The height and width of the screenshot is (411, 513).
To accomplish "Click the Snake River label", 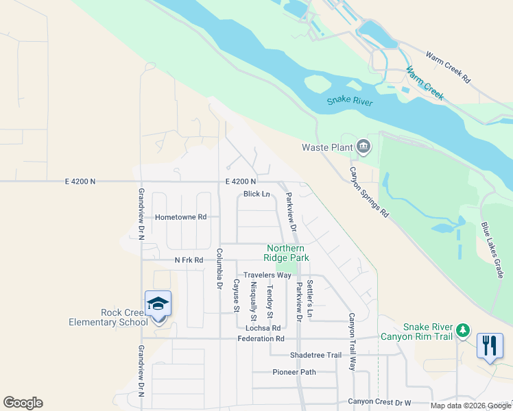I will pyautogui.click(x=349, y=101).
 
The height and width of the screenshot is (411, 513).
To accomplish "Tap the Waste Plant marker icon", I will pyautogui.click(x=363, y=146).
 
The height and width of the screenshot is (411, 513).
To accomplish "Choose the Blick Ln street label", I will pyautogui.click(x=256, y=194).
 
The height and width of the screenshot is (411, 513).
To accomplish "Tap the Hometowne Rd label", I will pyautogui.click(x=180, y=216).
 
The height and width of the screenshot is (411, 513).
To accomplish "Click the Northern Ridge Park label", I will pyautogui.click(x=287, y=253).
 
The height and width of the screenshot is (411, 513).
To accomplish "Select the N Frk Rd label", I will pyautogui.click(x=189, y=260).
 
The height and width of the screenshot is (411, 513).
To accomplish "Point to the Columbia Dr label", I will pyautogui.click(x=220, y=267).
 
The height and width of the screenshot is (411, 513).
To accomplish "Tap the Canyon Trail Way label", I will pyautogui.click(x=352, y=342).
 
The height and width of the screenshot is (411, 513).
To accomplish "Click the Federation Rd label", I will pyautogui.click(x=261, y=338).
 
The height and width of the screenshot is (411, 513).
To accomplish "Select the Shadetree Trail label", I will pyautogui.click(x=315, y=355).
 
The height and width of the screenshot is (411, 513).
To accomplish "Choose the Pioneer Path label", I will pyautogui.click(x=294, y=372).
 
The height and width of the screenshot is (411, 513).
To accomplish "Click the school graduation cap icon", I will pyautogui.click(x=158, y=303).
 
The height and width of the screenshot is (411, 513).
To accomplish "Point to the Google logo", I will pyautogui.click(x=23, y=403).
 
